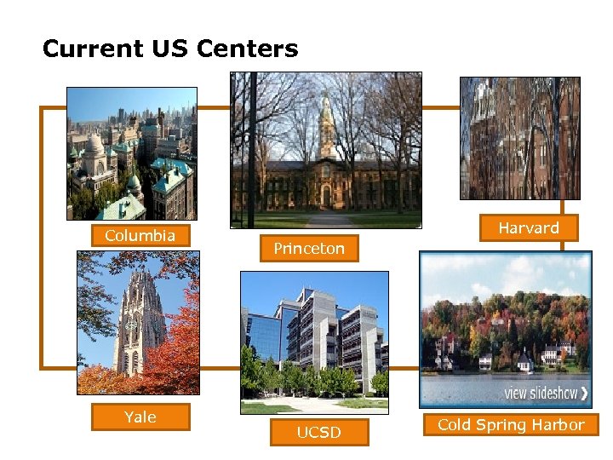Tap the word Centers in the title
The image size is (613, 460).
pyautogui.click(x=256, y=49)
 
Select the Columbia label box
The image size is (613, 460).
pyautogui.click(x=140, y=235)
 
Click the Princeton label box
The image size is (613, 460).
pyautogui.click(x=309, y=249)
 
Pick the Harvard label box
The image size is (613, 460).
pyautogui.click(x=529, y=227)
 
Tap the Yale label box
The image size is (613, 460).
pyautogui.click(x=140, y=417)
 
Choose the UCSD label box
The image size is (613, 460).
pyautogui.click(x=318, y=433)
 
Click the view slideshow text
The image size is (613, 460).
pyautogui.click(x=541, y=394)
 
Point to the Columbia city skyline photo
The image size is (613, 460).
pyautogui.click(x=132, y=153)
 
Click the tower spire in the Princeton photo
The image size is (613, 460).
pyautogui.click(x=325, y=115)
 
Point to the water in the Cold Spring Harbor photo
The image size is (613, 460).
pyautogui.click(x=477, y=388)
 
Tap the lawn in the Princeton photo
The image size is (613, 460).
pyautogui.click(x=281, y=219)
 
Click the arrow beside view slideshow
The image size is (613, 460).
pyautogui.click(x=583, y=394)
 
